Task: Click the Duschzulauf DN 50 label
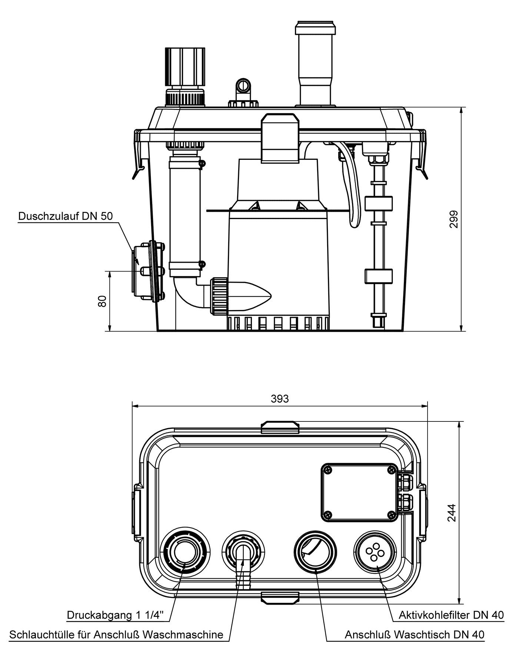65,216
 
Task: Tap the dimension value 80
103,301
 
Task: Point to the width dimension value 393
280,399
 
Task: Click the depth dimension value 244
452,513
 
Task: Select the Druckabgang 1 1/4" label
118,615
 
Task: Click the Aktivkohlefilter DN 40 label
451,615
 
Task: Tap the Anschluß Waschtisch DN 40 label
414,635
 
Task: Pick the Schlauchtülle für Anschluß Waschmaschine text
116,635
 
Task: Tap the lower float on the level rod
378,276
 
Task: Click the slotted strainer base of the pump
278,323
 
